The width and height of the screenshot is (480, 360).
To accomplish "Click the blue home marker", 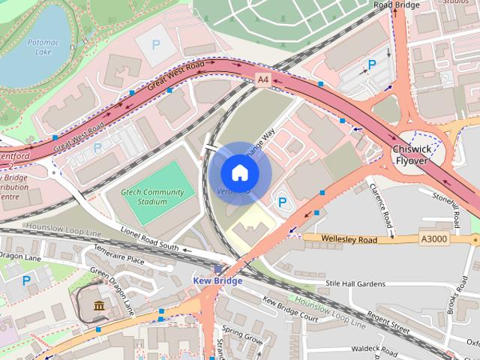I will tap(239, 172).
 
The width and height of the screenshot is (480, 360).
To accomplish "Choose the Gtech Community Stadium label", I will tap(152, 197).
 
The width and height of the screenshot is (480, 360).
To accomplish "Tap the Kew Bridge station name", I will tap(218, 280).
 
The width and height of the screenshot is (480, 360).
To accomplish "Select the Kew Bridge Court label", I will tap(289, 310).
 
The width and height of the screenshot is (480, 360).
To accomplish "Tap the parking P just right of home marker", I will tap(283, 202).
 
